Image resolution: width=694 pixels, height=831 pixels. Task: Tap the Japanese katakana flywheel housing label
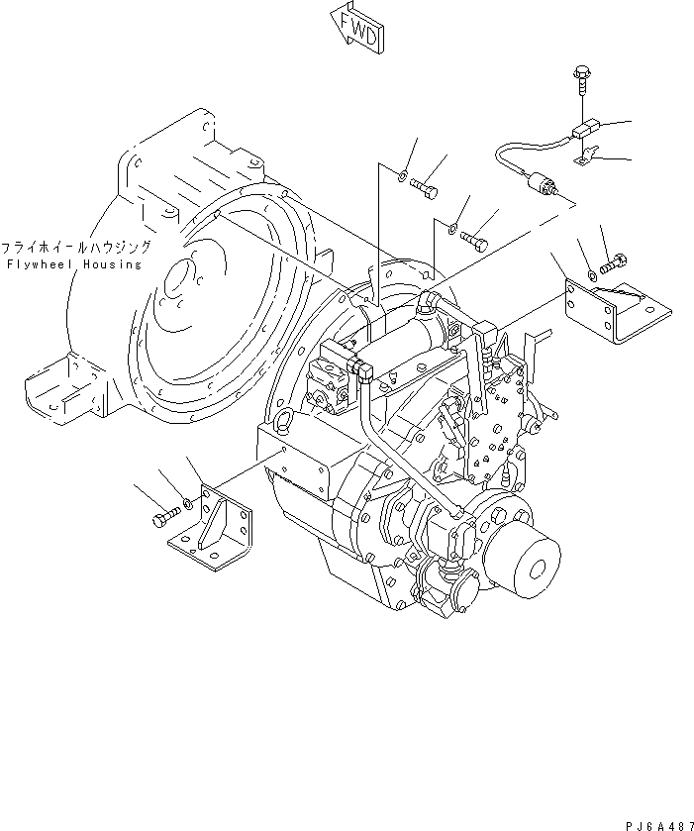[75, 248]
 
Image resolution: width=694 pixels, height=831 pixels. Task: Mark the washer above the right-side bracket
[592, 272]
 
